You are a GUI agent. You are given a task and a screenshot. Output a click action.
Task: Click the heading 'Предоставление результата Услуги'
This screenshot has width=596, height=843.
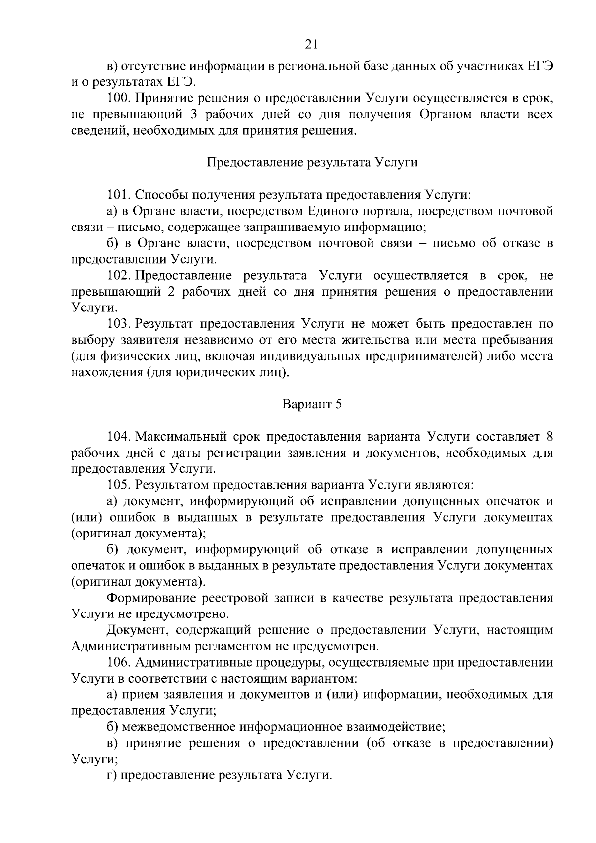pyautogui.click(x=312, y=162)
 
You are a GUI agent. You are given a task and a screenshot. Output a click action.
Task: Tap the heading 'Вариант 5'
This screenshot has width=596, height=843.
pyautogui.click(x=312, y=404)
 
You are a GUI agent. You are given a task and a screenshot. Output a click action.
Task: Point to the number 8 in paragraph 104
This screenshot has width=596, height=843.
pyautogui.click(x=549, y=437)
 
